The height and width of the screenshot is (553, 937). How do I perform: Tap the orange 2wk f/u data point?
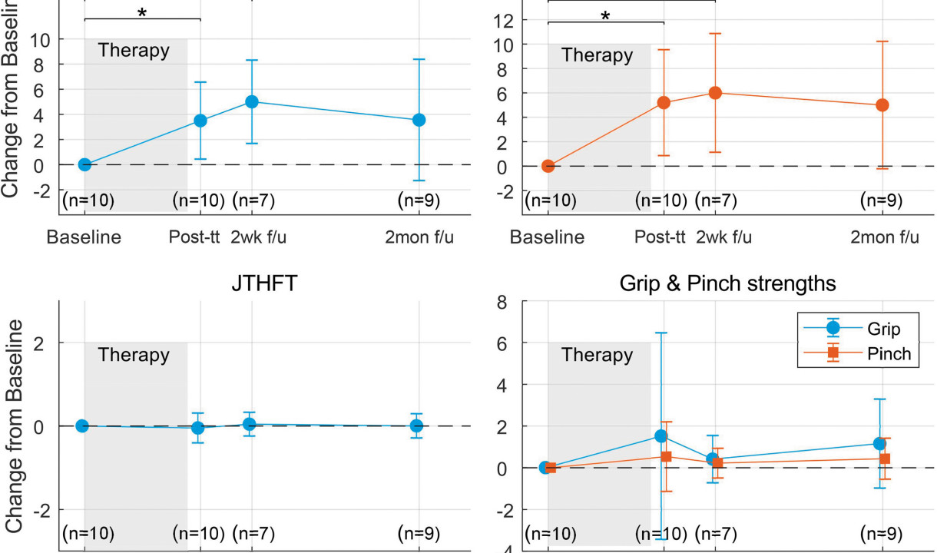[715, 93]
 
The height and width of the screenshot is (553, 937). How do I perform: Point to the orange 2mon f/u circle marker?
[882, 105]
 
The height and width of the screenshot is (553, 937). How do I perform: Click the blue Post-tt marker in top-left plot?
[200, 121]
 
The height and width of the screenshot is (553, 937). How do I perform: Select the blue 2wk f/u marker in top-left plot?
[251, 101]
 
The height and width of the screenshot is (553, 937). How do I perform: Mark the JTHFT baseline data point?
[82, 426]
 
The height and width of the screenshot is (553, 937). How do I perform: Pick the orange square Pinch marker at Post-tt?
[666, 457]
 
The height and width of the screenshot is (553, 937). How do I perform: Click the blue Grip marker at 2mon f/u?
[879, 444]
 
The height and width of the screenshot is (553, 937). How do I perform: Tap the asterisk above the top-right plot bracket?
[606, 15]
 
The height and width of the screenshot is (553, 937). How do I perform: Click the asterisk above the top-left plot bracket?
[141, 13]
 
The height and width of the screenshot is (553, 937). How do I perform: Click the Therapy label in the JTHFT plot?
[134, 356]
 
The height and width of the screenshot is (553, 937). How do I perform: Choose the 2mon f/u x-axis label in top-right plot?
[884, 237]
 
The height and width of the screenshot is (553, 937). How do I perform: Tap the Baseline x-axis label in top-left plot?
[84, 237]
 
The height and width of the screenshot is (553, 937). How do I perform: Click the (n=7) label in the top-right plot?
[716, 201]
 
